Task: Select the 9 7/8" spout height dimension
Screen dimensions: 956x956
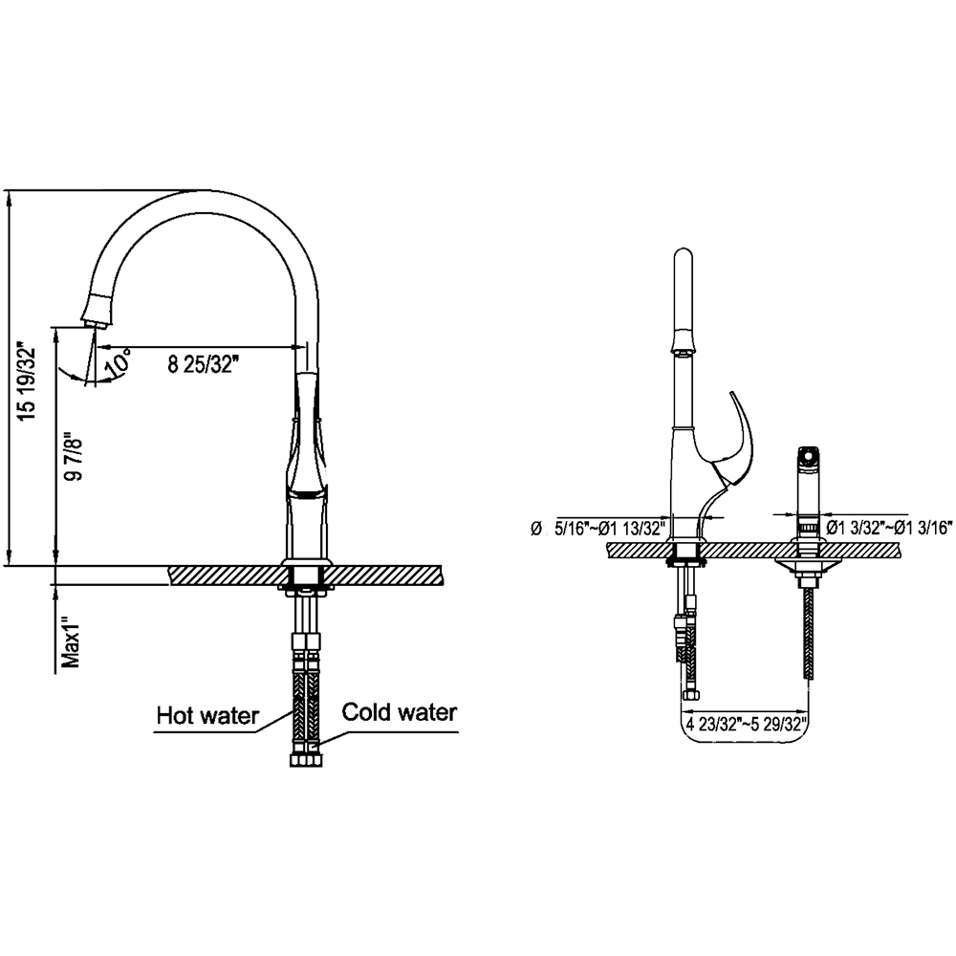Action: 75,459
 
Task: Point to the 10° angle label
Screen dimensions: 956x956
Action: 117,361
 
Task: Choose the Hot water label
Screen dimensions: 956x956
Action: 207,715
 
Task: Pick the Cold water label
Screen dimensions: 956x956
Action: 400,711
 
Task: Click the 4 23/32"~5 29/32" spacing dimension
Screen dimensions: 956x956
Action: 747,725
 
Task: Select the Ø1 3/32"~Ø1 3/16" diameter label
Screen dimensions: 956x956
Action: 889,528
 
